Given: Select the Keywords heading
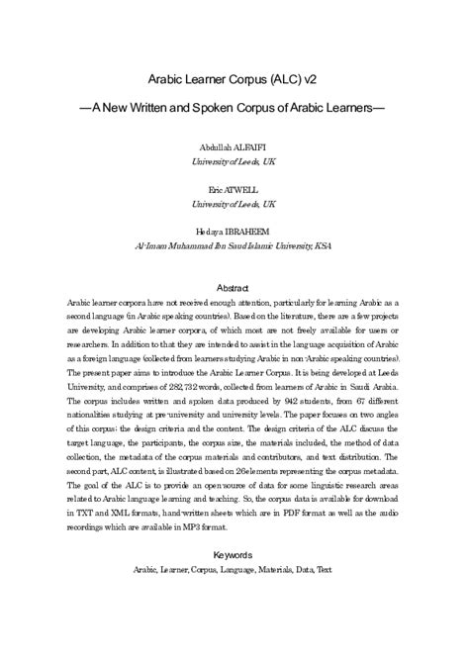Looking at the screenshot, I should [234, 556].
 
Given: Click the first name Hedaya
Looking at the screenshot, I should [213, 228].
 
